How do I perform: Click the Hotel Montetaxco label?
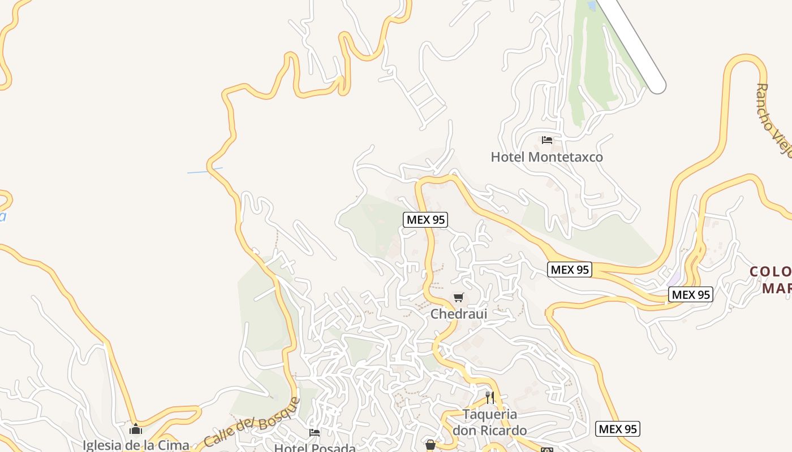click(x=546, y=157)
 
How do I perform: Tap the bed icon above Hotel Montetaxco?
click(x=546, y=140)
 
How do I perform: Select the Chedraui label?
click(x=459, y=314)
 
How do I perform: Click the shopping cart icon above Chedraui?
click(x=459, y=297)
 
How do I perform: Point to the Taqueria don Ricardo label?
click(x=489, y=422)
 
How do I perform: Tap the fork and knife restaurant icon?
click(x=490, y=397)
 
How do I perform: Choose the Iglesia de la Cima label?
click(x=136, y=445)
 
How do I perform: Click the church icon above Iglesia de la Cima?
click(x=136, y=429)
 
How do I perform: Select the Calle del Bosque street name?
click(x=251, y=423)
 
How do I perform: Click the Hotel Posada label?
click(x=315, y=448)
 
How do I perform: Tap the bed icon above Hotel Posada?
click(x=315, y=433)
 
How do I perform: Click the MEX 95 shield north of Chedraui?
click(x=425, y=220)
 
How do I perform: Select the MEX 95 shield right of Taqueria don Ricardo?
click(x=618, y=429)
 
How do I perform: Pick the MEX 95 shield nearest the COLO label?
click(x=691, y=294)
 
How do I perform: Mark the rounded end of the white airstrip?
click(x=657, y=86)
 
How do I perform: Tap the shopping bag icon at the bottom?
click(x=431, y=445)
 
